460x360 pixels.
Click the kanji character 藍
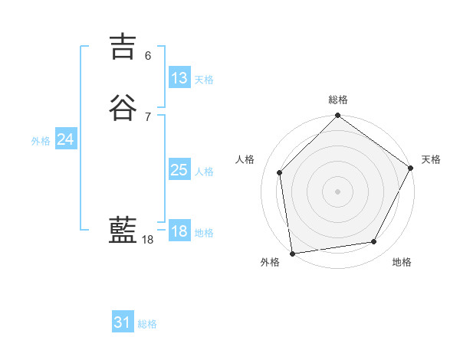pyautogui.click(x=123, y=231)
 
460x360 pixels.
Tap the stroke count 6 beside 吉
pyautogui.click(x=148, y=56)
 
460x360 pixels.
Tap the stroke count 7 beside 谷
pyautogui.click(x=148, y=116)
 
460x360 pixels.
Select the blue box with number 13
pyautogui.click(x=179, y=78)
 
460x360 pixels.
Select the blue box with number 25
pyautogui.click(x=179, y=170)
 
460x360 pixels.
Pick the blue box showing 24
pyautogui.click(x=66, y=139)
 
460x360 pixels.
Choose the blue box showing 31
pyautogui.click(x=123, y=322)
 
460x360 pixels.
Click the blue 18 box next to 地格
pyautogui.click(x=179, y=231)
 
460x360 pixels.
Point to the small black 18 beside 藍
pyautogui.click(x=148, y=240)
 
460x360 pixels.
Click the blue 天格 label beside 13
pyautogui.click(x=204, y=80)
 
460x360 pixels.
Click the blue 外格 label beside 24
pyautogui.click(x=41, y=141)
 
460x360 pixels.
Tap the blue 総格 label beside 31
pyautogui.click(x=147, y=324)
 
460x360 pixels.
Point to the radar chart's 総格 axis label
pyautogui.click(x=337, y=100)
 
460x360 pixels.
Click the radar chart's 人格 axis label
pyautogui.click(x=245, y=159)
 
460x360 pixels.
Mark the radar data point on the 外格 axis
pyautogui.click(x=292, y=253)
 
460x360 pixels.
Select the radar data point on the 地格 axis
pyautogui.click(x=374, y=241)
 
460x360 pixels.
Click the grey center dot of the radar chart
pyautogui.click(x=337, y=191)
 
